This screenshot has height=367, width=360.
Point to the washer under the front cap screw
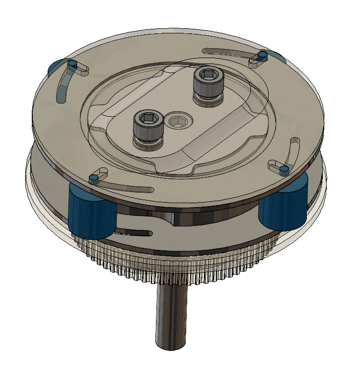[147, 145]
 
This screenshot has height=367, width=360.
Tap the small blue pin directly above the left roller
[92, 177]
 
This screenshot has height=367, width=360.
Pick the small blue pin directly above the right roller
[283, 169]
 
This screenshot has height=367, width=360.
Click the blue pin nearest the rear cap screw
[263, 55]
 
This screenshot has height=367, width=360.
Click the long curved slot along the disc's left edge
[63, 87]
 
